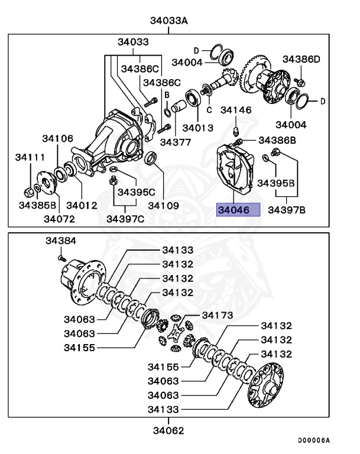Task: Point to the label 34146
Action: click(x=236, y=110)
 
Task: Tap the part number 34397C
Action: click(x=125, y=219)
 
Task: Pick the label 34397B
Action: click(x=287, y=210)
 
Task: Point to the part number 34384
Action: click(x=61, y=241)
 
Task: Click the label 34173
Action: click(x=218, y=314)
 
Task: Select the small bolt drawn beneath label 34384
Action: click(x=61, y=257)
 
